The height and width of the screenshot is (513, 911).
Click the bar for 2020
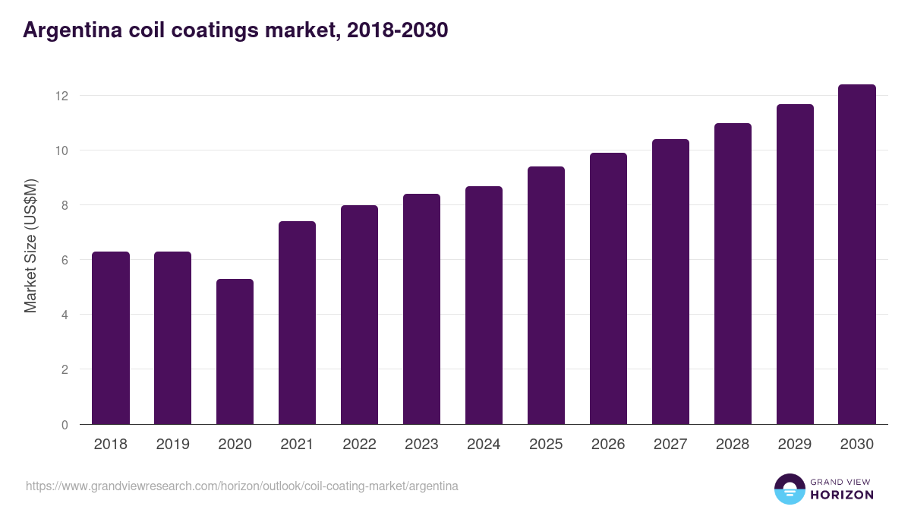pos(235,352)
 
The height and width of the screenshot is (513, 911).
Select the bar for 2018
pos(111,338)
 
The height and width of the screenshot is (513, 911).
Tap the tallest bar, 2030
pos(857,255)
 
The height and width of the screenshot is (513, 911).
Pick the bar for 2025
pos(546,296)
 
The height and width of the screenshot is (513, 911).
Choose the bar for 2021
pos(297,323)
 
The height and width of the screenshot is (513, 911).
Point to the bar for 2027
pos(670,282)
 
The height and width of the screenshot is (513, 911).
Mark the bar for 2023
pos(421,309)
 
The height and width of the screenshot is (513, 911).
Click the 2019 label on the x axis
pos(172,445)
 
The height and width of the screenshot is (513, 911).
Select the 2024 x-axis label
pos(484,445)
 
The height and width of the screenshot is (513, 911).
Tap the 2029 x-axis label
pos(795,445)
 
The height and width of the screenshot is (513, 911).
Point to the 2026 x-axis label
pos(608,445)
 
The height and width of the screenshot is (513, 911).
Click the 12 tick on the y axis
pos(61,96)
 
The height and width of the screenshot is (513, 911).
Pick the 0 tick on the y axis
pos(65,425)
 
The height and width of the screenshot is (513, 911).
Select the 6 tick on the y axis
pos(65,260)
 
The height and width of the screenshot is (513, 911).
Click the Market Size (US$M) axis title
pos(30,246)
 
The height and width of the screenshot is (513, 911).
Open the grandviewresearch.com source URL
pos(242,486)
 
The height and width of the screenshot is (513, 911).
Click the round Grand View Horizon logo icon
pos(789,489)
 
